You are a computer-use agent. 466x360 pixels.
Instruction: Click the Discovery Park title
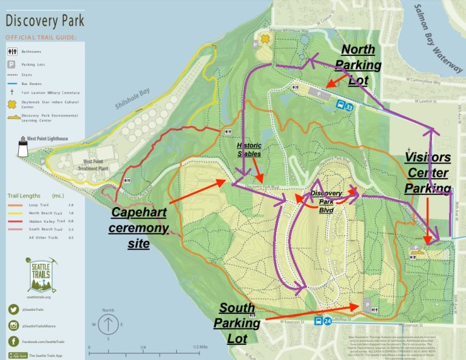point(45,21)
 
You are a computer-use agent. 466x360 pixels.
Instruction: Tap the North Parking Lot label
point(358,66)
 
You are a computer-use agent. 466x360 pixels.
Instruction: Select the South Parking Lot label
point(240,323)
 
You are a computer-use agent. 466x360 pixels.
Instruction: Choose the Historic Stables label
point(249,150)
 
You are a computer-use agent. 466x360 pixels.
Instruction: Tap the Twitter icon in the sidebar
point(13,310)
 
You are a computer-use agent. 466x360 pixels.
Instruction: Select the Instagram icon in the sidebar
point(13,326)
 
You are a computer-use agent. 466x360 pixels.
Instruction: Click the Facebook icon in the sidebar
point(13,342)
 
